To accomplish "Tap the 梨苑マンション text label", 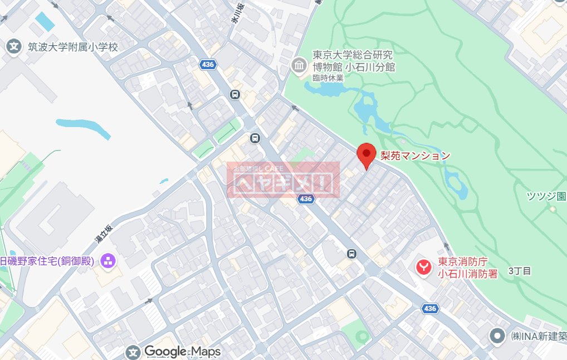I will click(415, 156).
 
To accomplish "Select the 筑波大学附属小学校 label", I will click(74, 47).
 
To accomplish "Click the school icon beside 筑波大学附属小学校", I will click(13, 47).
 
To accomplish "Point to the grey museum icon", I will click(299, 67).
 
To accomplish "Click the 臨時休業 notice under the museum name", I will click(328, 78).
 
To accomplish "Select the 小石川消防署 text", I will click(467, 273).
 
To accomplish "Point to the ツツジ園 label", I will click(546, 196).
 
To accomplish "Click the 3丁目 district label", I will click(520, 271).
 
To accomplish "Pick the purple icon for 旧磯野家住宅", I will click(107, 260).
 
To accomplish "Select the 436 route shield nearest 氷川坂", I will click(208, 65).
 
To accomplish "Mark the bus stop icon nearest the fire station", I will click(351, 254).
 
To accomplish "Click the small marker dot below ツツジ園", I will click(553, 210).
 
